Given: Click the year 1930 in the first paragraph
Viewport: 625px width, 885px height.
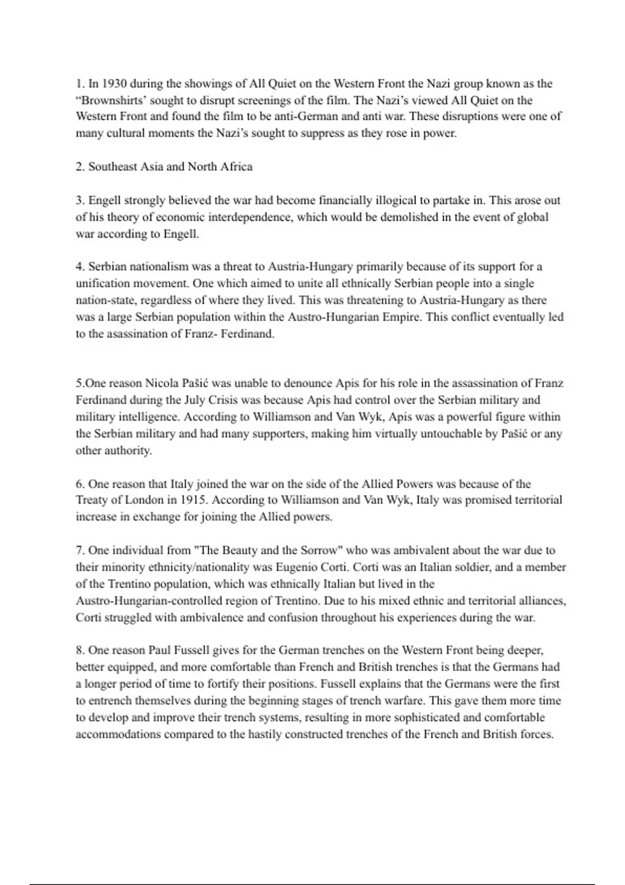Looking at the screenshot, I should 114,83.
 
